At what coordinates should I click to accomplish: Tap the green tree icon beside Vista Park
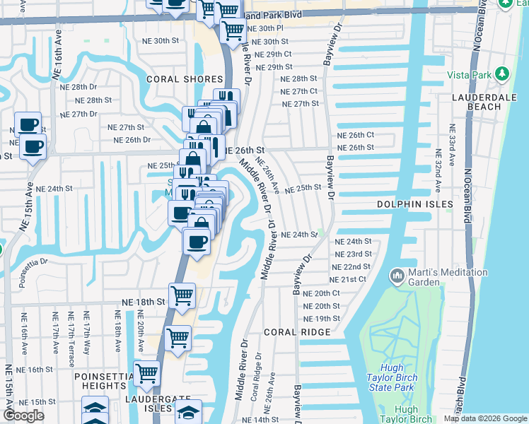coord(501,74)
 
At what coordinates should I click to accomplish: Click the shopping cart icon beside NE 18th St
coord(182,295)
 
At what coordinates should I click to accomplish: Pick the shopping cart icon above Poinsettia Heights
coord(146,372)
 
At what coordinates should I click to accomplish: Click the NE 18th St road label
coord(143,302)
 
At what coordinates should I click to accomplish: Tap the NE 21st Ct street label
coord(349,279)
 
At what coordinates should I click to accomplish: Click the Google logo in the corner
coord(23,416)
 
